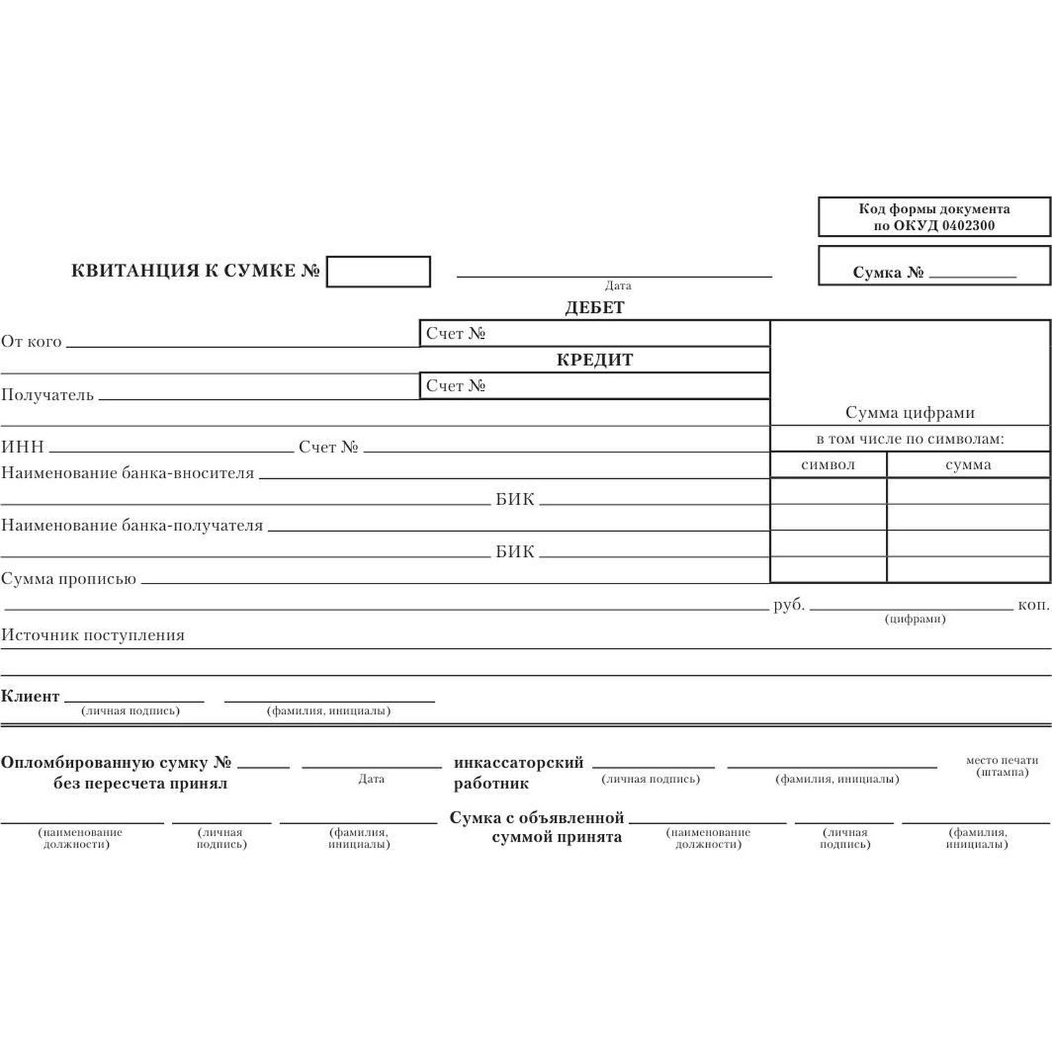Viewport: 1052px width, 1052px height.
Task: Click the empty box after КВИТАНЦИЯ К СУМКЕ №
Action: click(x=378, y=271)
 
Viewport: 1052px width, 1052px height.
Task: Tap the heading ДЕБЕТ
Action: click(x=595, y=307)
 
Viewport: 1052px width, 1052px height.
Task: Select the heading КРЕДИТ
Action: click(x=595, y=360)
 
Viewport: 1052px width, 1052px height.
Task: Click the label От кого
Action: click(x=32, y=342)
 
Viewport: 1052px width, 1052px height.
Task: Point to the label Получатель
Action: click(x=48, y=395)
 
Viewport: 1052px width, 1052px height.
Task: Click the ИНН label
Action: click(x=22, y=447)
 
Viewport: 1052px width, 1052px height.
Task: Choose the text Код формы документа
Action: click(x=934, y=209)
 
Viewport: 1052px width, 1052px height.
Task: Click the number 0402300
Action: click(x=968, y=225)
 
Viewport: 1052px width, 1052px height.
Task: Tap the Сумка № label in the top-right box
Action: click(x=888, y=272)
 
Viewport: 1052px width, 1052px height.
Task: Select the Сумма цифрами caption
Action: click(x=910, y=412)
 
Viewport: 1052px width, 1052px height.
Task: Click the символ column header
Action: click(x=828, y=464)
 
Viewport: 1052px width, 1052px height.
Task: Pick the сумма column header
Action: click(x=968, y=464)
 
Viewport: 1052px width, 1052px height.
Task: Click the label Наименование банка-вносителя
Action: click(x=128, y=473)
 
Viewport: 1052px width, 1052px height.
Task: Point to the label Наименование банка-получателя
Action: click(x=132, y=525)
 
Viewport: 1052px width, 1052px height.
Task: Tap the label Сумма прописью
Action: click(x=69, y=579)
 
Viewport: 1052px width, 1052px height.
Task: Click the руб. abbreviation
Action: click(x=789, y=605)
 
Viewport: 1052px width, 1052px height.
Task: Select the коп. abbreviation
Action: click(x=1034, y=605)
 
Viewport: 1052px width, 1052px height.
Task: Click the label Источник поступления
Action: click(x=93, y=635)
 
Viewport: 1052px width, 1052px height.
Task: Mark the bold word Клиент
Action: click(x=30, y=696)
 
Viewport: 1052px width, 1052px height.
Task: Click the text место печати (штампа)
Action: click(x=1002, y=766)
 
